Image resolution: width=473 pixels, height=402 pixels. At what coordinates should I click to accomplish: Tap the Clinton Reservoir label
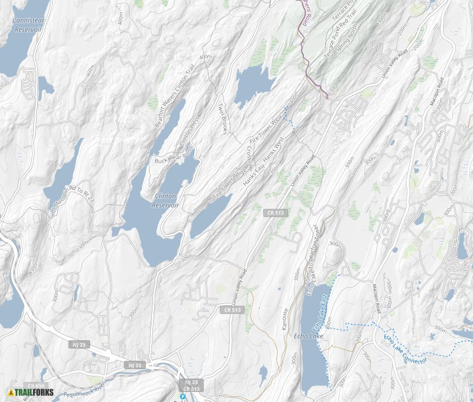pyautogui.click(x=165, y=200)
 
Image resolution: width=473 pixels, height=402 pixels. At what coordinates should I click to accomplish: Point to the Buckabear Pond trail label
pyautogui.click(x=173, y=155)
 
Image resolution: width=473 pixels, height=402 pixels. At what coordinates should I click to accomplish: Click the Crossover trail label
pyautogui.click(x=249, y=159)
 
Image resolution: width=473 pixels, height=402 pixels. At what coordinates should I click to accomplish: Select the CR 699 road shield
pyautogui.click(x=36, y=386)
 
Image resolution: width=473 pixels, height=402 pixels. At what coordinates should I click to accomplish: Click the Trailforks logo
pyautogui.click(x=31, y=393)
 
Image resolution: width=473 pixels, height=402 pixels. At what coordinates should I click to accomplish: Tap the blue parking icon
pyautogui.click(x=182, y=396)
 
